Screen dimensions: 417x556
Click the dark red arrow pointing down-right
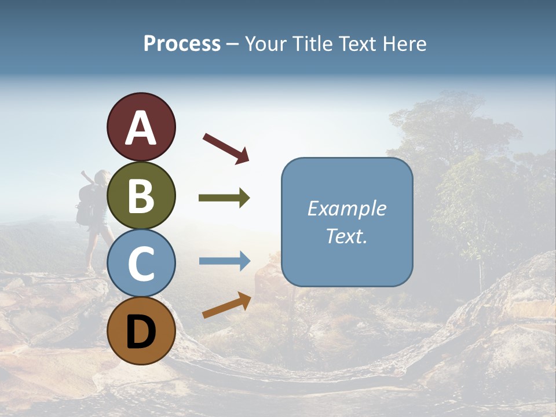pyautogui.click(x=226, y=148)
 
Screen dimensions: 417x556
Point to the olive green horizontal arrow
pyautogui.click(x=224, y=198)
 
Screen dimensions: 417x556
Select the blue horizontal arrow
pyautogui.click(x=224, y=261)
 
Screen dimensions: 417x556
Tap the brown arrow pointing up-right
pyautogui.click(x=226, y=305)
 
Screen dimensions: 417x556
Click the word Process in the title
pyautogui.click(x=182, y=44)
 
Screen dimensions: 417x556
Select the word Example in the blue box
pyautogui.click(x=346, y=209)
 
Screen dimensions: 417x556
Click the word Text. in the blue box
pyautogui.click(x=346, y=236)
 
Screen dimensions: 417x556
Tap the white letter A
pyautogui.click(x=141, y=129)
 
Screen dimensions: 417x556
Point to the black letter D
pyautogui.click(x=141, y=331)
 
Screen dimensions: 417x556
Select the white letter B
pyautogui.click(x=141, y=196)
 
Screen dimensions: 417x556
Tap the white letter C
pyautogui.click(x=141, y=264)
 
